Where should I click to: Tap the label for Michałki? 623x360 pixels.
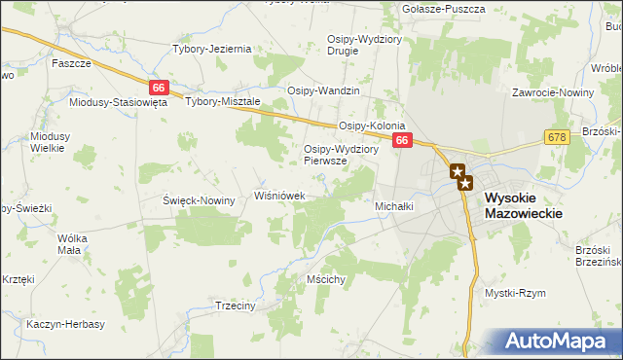tap(394, 206)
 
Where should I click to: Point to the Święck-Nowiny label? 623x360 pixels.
tap(199, 200)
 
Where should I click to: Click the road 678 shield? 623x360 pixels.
tap(556, 138)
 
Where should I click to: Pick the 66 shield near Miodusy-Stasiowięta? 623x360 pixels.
tap(160, 88)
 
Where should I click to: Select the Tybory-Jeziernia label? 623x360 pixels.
tap(211, 49)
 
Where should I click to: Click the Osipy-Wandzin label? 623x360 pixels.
tap(323, 90)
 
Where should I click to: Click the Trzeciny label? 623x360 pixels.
tap(234, 305)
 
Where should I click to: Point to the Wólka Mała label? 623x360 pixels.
tap(74, 243)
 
